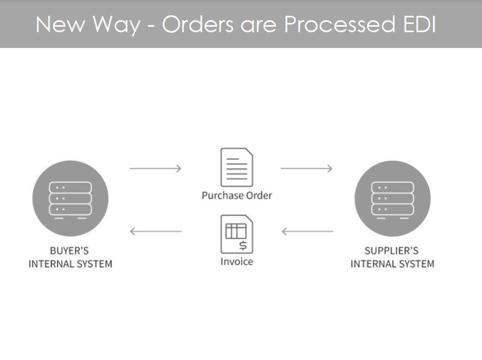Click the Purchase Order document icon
click(x=237, y=167)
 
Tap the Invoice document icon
click(x=237, y=233)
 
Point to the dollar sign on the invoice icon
click(x=243, y=245)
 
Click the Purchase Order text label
click(x=237, y=195)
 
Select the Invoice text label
click(x=237, y=261)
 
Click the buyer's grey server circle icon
click(x=70, y=198)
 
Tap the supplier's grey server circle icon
click(x=392, y=198)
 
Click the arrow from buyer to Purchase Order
click(x=155, y=169)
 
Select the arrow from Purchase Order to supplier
click(x=306, y=169)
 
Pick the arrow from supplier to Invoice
click(x=307, y=231)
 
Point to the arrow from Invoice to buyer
click(x=155, y=231)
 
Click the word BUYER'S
click(x=69, y=251)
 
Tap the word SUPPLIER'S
click(x=391, y=251)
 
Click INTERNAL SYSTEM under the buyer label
click(x=70, y=264)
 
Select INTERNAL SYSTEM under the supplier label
click(x=392, y=264)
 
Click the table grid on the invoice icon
click(x=236, y=231)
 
